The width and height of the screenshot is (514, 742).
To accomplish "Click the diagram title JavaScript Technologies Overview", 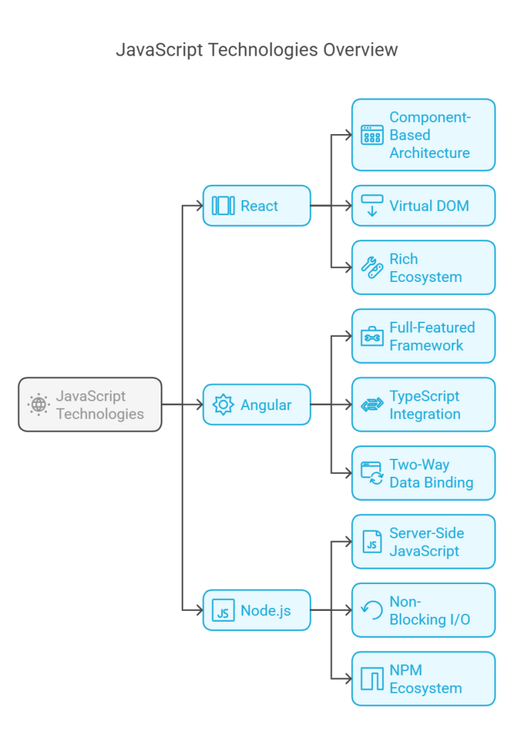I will click(x=256, y=50).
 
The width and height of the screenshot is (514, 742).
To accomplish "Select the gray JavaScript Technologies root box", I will click(x=90, y=404).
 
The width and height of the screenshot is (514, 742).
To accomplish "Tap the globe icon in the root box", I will click(x=38, y=405).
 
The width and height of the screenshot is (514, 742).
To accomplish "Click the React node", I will click(x=256, y=206).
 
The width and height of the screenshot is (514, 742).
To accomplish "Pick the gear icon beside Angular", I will click(x=223, y=405).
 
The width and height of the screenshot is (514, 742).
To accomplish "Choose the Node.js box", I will click(x=256, y=611).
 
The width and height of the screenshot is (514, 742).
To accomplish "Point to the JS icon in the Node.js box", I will click(x=224, y=611).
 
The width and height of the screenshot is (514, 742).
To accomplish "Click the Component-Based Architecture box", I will click(x=424, y=135).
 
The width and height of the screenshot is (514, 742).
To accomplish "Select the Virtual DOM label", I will click(x=429, y=206).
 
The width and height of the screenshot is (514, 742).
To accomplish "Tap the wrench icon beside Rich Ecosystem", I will click(x=372, y=268).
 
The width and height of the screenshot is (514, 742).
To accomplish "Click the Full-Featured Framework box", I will click(x=424, y=336).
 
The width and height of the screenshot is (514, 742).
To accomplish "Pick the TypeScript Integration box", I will click(x=424, y=405).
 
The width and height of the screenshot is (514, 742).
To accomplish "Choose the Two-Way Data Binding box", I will click(x=424, y=473).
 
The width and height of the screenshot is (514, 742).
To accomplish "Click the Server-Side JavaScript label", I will click(x=426, y=542).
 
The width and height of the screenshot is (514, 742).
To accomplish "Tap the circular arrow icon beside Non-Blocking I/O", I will click(x=372, y=611).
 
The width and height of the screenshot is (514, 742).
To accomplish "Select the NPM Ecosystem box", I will click(x=424, y=679).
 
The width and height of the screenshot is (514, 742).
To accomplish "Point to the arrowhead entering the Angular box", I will click(x=199, y=405).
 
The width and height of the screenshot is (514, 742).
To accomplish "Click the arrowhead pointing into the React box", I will click(x=199, y=206).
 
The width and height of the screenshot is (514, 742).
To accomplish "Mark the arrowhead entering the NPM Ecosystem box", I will click(x=348, y=679).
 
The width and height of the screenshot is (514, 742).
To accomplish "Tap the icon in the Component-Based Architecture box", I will click(x=372, y=135).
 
